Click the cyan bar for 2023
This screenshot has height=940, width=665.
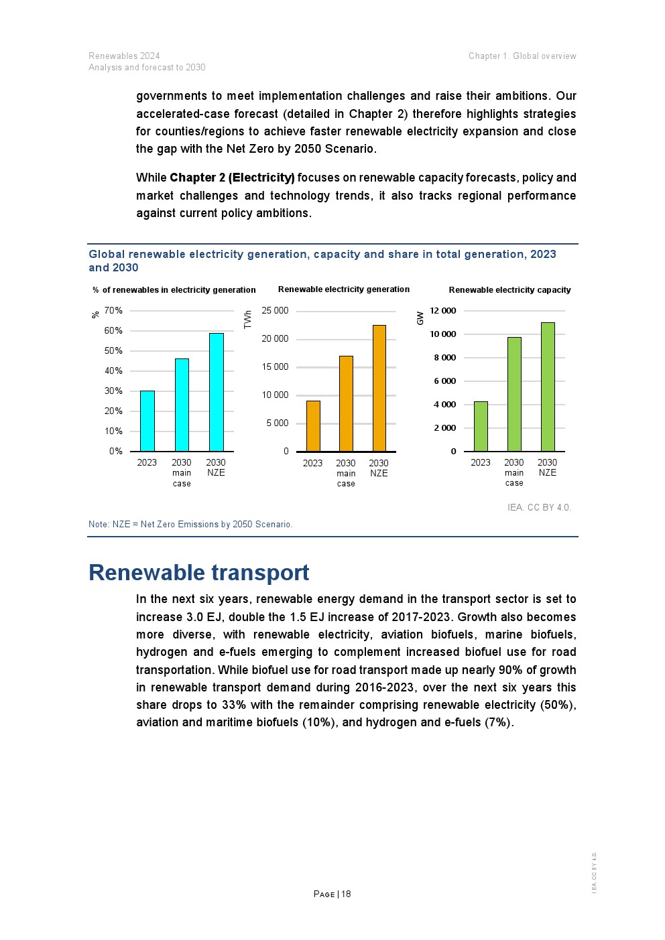(x=147, y=421)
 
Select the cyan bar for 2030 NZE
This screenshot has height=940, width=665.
(x=216, y=392)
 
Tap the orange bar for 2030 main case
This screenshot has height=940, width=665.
(x=346, y=403)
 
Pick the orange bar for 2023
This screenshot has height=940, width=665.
(x=313, y=426)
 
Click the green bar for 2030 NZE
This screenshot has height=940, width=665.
(x=548, y=387)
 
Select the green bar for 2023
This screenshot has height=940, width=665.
(x=481, y=426)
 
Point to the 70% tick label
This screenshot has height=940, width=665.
(x=113, y=310)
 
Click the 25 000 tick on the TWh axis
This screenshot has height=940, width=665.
(x=275, y=310)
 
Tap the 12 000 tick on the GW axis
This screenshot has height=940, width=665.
(x=442, y=310)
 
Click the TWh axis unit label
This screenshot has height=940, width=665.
(x=248, y=319)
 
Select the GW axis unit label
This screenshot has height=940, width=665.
(x=420, y=318)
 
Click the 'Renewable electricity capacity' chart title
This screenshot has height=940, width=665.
(x=509, y=290)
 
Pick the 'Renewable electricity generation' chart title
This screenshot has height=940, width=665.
(x=343, y=289)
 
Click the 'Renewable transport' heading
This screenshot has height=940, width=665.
(x=198, y=573)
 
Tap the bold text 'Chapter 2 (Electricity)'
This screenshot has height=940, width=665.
(x=232, y=178)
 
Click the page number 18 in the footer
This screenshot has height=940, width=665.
(x=346, y=894)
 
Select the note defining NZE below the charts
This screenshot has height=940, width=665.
(x=190, y=524)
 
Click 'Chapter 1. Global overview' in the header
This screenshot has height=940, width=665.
(x=522, y=56)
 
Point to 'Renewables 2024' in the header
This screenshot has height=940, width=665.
(x=124, y=56)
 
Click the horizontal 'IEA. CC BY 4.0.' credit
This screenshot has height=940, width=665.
(x=539, y=507)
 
